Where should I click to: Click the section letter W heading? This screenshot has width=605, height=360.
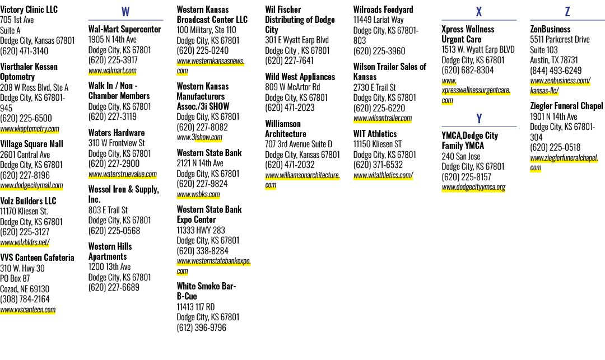coord(125,12)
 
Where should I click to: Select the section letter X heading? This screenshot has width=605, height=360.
coord(479,12)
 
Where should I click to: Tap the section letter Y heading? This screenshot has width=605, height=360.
coord(479,118)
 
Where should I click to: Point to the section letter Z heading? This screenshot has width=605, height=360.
coord(567,12)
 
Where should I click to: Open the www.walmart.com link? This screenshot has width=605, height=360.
coord(112,71)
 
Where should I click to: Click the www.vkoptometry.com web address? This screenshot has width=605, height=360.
coord(30,129)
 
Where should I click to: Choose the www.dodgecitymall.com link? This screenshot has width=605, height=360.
coord(31,185)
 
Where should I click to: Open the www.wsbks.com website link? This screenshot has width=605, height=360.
coord(198,194)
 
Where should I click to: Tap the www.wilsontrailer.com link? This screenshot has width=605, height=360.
coord(383,118)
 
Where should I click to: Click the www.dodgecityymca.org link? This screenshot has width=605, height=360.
coord(473,188)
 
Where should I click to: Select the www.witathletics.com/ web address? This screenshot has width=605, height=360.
coord(383,175)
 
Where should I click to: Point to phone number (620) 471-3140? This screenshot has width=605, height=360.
coord(24,51)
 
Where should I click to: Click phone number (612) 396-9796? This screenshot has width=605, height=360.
coord(202,328)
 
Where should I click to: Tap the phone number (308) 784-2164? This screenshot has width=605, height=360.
coord(25,299)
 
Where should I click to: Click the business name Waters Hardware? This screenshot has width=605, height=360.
coord(117,133)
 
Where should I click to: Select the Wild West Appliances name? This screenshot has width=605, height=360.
coord(300,77)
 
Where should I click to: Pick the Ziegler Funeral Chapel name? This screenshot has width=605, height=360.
coord(566,106)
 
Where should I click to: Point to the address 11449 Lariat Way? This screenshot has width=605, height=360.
coord(379,20)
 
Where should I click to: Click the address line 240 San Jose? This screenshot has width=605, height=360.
coord(461,157)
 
